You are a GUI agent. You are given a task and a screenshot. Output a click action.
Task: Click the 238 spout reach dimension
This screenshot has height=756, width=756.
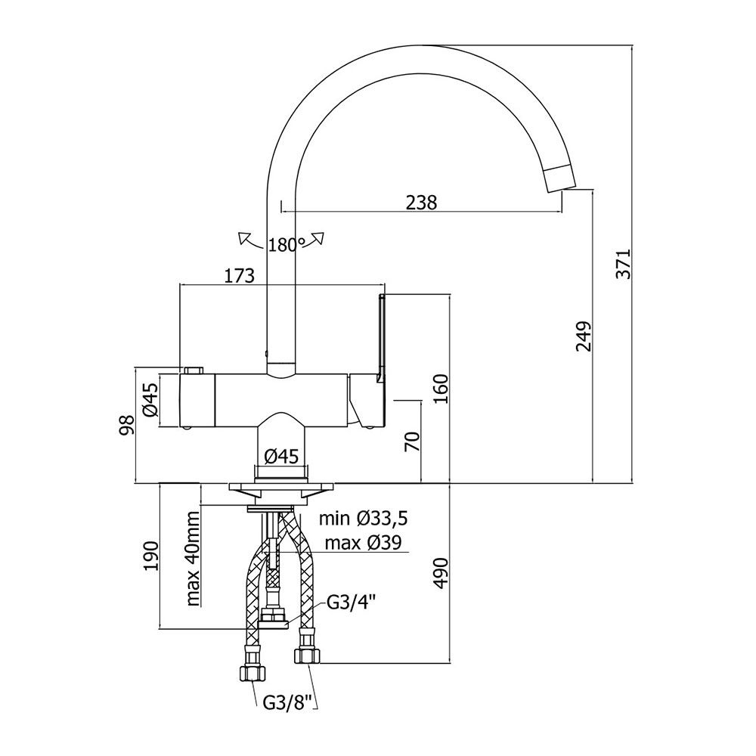[421, 203]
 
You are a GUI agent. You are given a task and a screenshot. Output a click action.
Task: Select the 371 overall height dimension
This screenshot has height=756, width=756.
[624, 264]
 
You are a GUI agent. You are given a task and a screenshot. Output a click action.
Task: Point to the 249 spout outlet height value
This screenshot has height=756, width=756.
[584, 336]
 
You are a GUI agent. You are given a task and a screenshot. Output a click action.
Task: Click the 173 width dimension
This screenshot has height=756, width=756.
[239, 276]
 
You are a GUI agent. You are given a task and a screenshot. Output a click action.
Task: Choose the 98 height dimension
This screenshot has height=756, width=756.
[127, 425]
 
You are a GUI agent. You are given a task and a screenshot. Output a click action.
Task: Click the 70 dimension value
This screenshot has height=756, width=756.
[413, 442]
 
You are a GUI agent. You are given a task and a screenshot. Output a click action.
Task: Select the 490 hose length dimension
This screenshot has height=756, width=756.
[441, 573]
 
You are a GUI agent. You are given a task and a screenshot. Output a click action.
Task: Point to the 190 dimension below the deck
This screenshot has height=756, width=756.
[150, 556]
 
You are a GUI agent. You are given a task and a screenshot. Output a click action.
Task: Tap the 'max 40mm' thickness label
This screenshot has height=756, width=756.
[193, 559]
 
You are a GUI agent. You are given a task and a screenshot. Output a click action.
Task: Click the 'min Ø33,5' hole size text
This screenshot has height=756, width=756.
[364, 519]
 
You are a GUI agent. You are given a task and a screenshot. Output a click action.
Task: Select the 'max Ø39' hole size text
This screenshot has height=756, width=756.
[363, 543]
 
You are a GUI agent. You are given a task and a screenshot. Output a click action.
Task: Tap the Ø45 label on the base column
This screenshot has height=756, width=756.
[281, 456]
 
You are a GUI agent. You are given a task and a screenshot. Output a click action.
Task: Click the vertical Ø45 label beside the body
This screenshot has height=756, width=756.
[151, 399]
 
